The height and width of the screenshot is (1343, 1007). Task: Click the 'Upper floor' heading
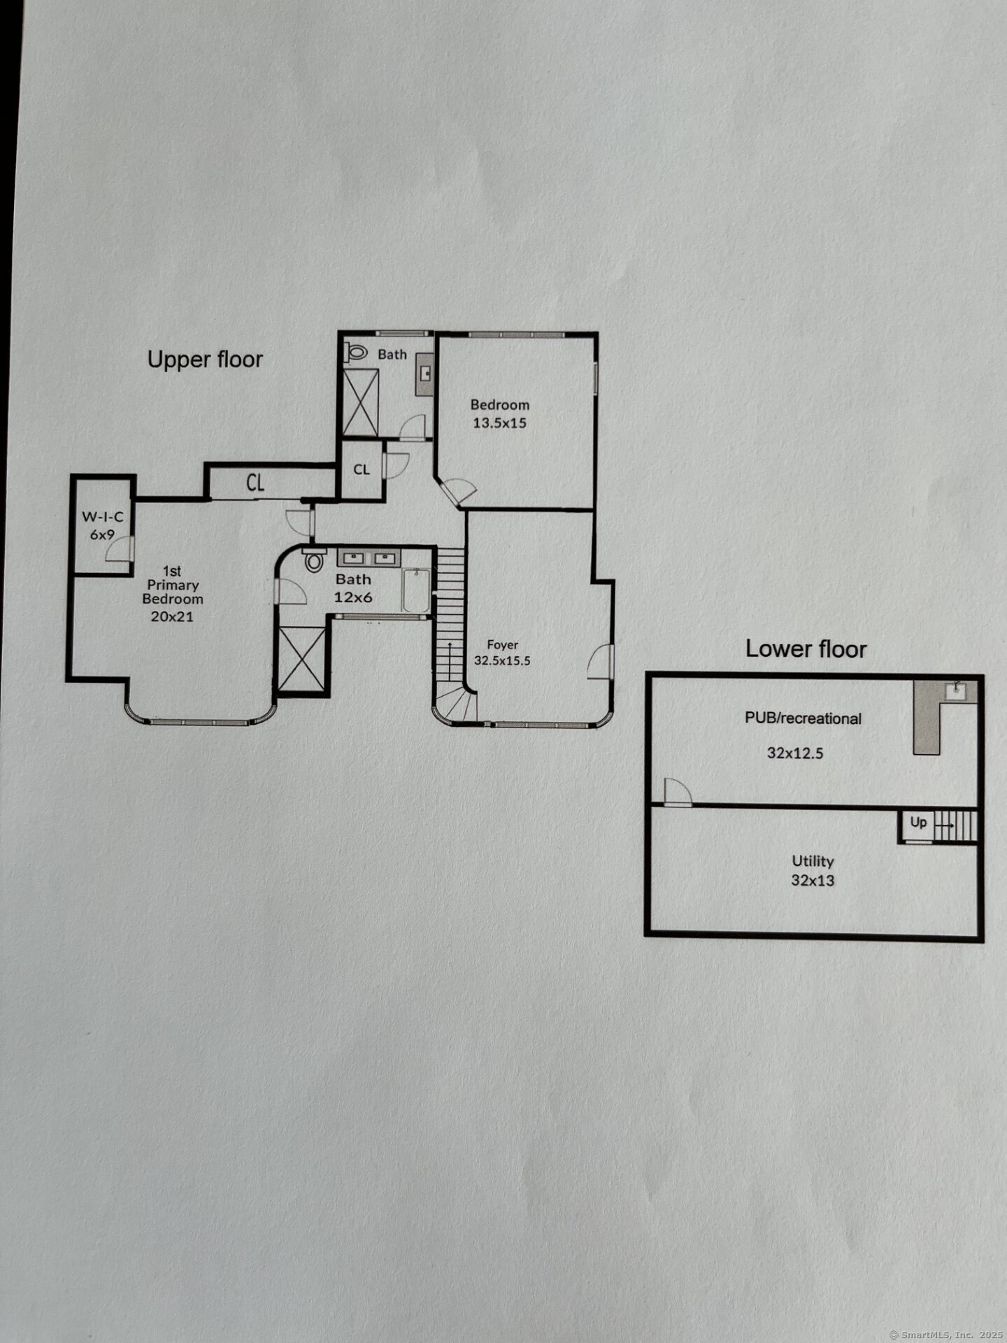[x=205, y=360]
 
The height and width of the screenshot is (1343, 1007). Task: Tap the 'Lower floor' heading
[x=806, y=648]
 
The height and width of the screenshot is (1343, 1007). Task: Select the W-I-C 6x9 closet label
[x=103, y=525]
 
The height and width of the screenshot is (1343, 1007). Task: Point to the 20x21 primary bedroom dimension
[x=172, y=616]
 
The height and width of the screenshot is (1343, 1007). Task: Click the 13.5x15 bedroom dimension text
[x=499, y=422]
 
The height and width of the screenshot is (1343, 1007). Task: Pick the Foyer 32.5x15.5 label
[x=502, y=653]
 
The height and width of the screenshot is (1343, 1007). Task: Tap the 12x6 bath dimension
[x=353, y=597]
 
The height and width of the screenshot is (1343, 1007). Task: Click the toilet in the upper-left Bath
[x=356, y=352]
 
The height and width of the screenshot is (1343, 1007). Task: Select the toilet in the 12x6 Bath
[x=314, y=560]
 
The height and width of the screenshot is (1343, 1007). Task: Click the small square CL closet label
[x=362, y=469]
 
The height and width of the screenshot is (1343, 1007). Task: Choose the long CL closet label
[x=255, y=483]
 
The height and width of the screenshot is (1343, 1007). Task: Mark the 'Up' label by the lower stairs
[x=918, y=823]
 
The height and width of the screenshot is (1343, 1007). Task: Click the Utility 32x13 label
[x=813, y=871]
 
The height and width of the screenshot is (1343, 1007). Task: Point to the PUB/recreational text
[x=803, y=718]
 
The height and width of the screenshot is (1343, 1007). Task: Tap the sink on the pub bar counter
[x=955, y=690]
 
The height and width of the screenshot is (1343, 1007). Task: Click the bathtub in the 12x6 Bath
[x=416, y=591]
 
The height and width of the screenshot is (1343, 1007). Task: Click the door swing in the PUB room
[x=678, y=792]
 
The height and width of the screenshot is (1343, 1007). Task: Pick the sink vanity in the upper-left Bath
[x=424, y=374]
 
